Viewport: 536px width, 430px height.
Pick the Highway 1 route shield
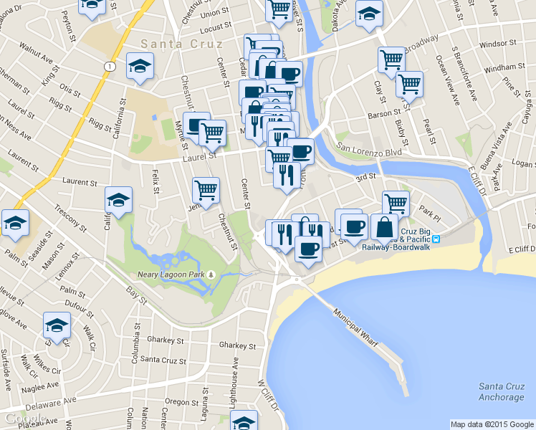coord(109,66)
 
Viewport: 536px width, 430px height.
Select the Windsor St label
coord(497,44)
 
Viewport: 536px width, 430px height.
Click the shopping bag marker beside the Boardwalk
coord(385,227)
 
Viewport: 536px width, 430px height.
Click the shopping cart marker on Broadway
coord(391,60)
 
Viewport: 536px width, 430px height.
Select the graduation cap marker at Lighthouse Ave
coord(244,421)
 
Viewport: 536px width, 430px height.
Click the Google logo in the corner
coord(24,419)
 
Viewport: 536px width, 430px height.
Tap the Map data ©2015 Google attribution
coord(492,424)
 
